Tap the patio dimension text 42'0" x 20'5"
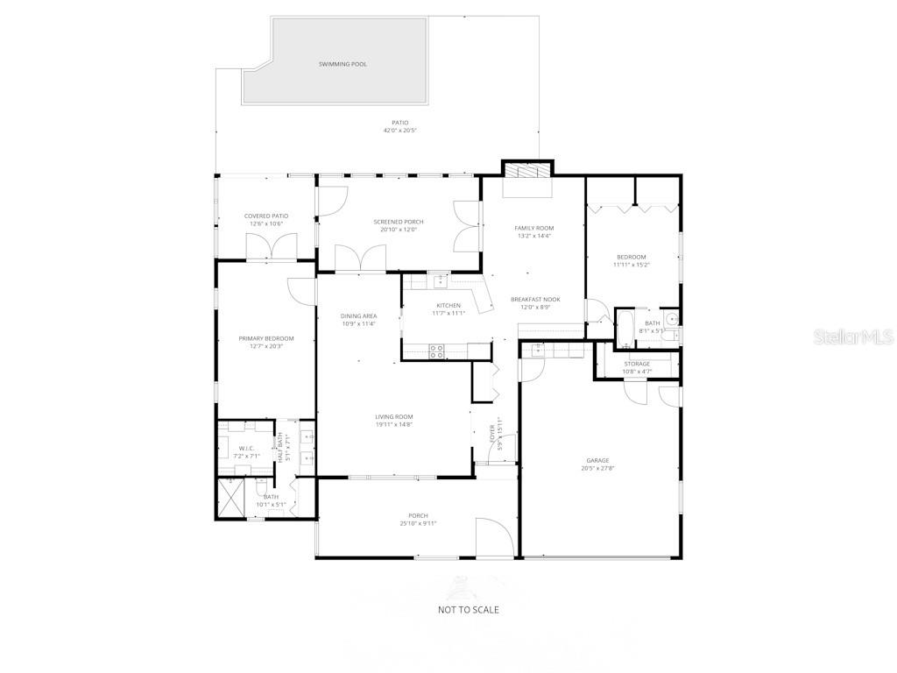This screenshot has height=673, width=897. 399,131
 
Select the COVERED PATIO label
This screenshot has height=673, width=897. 266,216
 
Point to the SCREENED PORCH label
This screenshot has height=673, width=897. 399,222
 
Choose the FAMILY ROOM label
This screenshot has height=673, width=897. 533,228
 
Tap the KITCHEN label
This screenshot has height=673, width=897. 448,305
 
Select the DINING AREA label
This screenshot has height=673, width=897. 359,315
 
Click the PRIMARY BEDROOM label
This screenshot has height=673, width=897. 266,338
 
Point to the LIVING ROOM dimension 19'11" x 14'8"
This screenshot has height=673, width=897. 394,425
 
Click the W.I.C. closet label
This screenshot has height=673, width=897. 246,449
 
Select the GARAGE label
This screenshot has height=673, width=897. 597,460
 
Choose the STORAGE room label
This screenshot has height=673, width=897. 637,364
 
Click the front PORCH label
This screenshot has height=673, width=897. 418,515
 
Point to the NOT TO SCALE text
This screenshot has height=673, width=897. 469,609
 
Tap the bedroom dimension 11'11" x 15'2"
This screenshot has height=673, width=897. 631,265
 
